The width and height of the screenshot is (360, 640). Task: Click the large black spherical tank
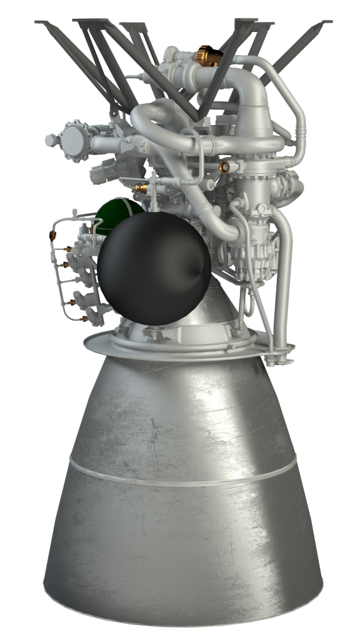[x=153, y=270]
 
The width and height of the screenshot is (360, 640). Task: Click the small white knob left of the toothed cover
[x=50, y=140]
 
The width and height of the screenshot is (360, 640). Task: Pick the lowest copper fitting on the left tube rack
[x=84, y=319]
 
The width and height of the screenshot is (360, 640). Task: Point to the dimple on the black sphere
[x=199, y=272]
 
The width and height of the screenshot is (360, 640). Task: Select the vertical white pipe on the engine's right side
[x=282, y=275]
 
